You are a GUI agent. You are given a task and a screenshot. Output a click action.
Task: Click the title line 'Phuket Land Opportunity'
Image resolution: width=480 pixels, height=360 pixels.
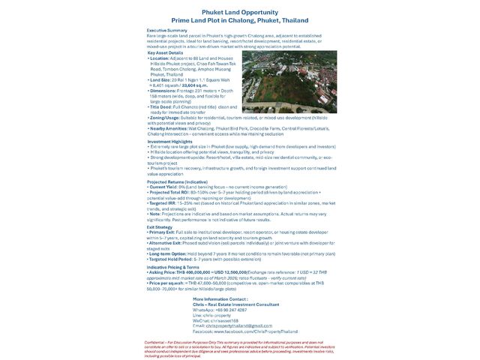click(240, 13)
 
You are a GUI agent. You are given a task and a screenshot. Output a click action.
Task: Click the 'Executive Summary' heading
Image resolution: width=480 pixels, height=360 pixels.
click(166, 30)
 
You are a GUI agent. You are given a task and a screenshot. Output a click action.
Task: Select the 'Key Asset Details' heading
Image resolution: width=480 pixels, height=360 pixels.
click(165, 52)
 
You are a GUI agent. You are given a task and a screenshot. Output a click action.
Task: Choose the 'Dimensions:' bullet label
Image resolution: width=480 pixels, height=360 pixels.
click(165, 91)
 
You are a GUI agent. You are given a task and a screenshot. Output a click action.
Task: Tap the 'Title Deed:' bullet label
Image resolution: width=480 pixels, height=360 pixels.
click(164, 107)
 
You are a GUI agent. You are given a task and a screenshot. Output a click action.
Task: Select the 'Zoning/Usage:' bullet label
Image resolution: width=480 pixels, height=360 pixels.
click(167, 118)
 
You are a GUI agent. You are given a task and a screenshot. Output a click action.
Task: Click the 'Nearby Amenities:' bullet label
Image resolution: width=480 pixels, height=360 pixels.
click(171, 129)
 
